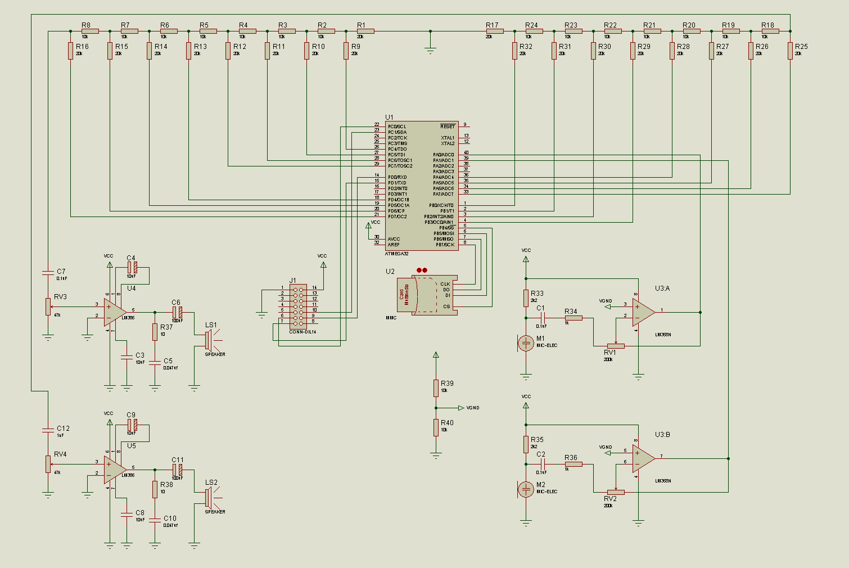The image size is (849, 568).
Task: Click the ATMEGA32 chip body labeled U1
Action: [422, 186]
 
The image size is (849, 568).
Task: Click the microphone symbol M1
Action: [526, 342]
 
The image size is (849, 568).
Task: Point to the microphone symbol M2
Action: [526, 489]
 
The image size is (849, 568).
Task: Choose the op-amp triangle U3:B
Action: [643, 458]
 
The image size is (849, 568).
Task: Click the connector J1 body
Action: [298, 306]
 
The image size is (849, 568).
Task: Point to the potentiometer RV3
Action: [48, 307]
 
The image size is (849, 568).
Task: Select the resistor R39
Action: [436, 388]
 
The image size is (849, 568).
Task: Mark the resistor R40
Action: [436, 427]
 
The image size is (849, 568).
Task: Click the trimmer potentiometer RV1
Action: [616, 346]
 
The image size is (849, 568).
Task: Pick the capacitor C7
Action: [48, 273]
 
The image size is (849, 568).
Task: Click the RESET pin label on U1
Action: [448, 127]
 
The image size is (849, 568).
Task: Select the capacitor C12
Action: [48, 430]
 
